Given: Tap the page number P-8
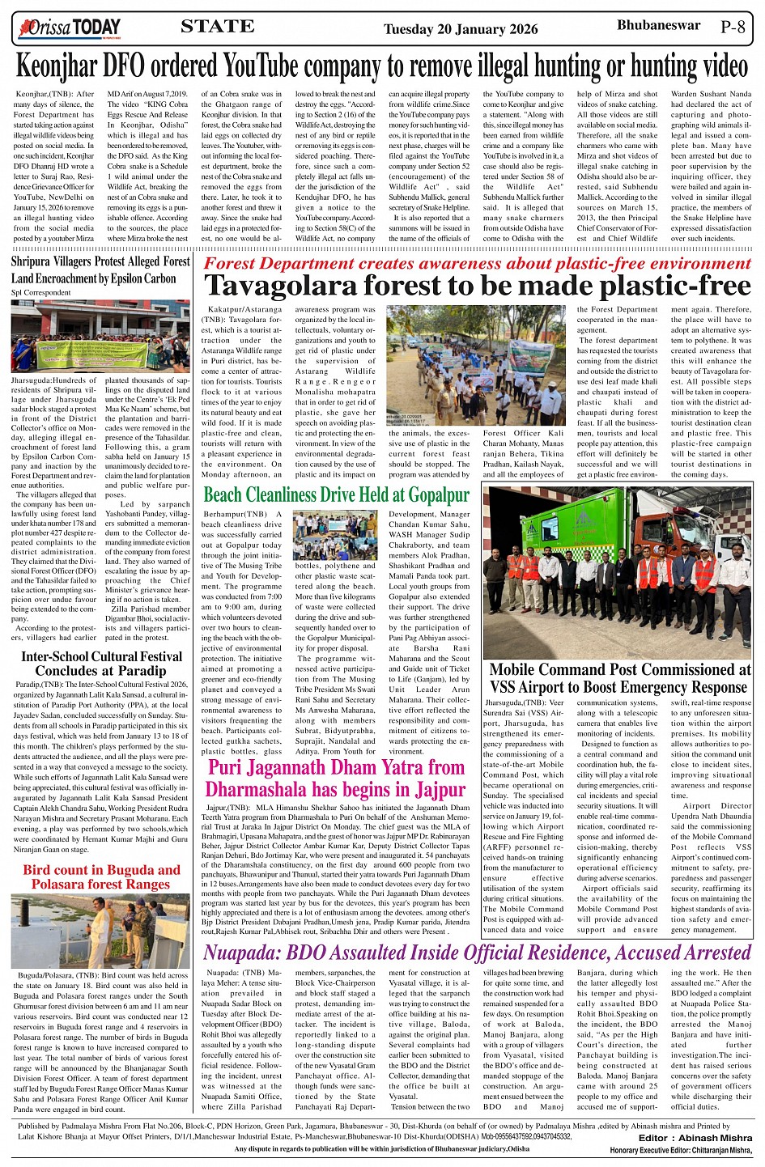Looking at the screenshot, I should point(733,28).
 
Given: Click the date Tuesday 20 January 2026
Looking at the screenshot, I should point(461,29).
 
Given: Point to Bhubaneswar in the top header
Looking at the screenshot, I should point(658,26).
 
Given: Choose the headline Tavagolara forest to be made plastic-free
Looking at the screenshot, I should point(478,286).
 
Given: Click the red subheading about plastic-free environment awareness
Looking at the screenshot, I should point(478,263).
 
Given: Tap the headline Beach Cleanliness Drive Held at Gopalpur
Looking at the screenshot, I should point(336,494).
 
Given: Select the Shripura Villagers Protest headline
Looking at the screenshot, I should point(100,269).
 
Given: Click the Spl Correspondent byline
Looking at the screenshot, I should point(41,292).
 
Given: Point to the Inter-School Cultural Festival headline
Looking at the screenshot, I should point(101,664).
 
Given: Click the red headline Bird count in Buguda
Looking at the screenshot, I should point(101,876).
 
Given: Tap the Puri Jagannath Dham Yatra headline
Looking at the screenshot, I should point(336,778).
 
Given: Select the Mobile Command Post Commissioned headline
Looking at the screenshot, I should point(619,678).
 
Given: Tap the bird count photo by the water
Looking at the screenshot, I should point(101,931).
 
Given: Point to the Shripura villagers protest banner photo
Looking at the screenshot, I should point(101,336).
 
